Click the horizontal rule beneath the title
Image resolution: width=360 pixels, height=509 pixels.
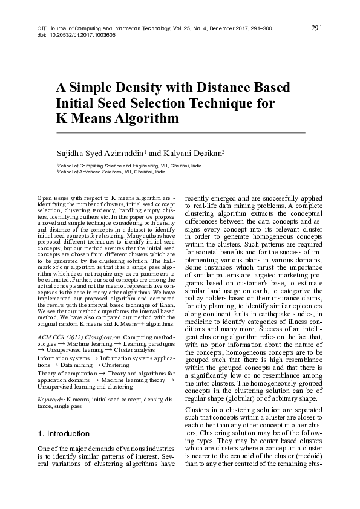(x=180, y=132)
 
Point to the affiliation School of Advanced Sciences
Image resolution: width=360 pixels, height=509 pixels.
(x=90, y=172)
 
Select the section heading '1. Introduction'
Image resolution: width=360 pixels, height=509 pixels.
(x=64, y=433)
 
